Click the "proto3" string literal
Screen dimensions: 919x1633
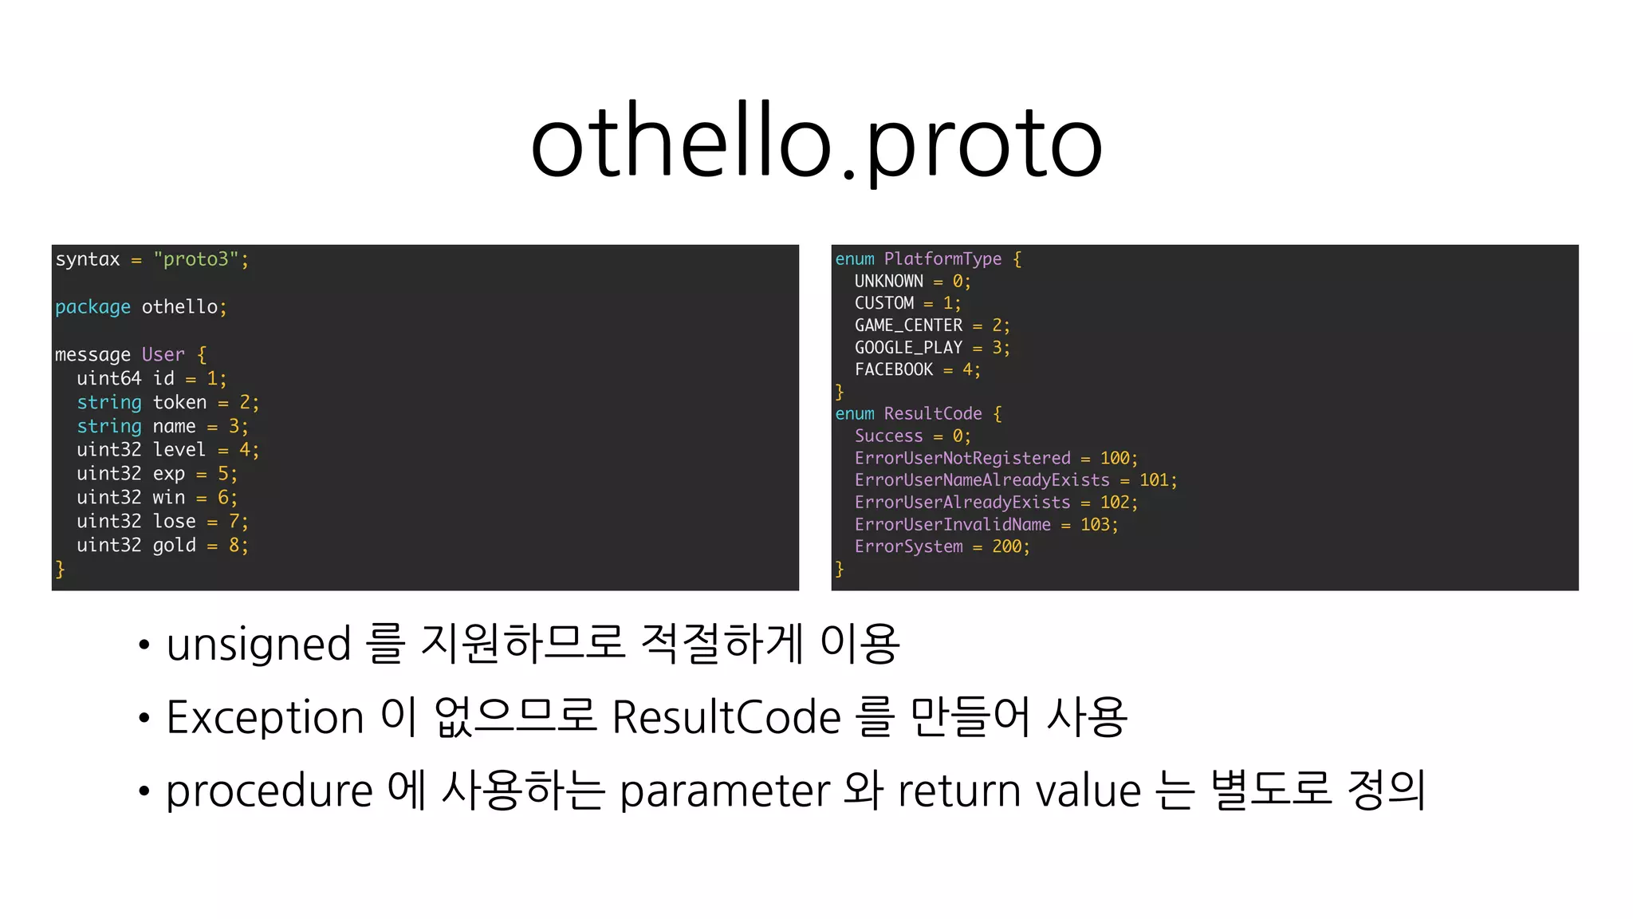pyautogui.click(x=196, y=259)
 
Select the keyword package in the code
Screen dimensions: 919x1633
pyautogui.click(x=92, y=307)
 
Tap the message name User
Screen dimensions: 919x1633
pyautogui.click(x=163, y=354)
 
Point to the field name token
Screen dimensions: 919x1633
pyautogui.click(x=179, y=402)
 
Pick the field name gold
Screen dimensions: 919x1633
pyautogui.click(x=174, y=545)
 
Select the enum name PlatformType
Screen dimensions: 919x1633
pyautogui.click(x=942, y=258)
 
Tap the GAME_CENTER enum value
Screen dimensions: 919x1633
pyautogui.click(x=908, y=325)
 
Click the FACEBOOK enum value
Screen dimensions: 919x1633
pyautogui.click(x=893, y=369)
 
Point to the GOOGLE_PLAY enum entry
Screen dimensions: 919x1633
pyautogui.click(x=908, y=348)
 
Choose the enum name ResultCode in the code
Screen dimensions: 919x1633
pyautogui.click(x=933, y=413)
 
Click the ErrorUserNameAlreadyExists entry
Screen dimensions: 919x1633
pyautogui.click(x=982, y=480)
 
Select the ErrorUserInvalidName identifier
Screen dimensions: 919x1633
pyautogui.click(x=952, y=524)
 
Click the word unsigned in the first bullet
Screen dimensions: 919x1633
pyautogui.click(x=258, y=644)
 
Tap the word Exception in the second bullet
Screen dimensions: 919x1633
pyautogui.click(x=265, y=716)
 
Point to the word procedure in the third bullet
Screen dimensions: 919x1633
pyautogui.click(x=269, y=791)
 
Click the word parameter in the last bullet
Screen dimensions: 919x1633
pyautogui.click(x=725, y=791)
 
